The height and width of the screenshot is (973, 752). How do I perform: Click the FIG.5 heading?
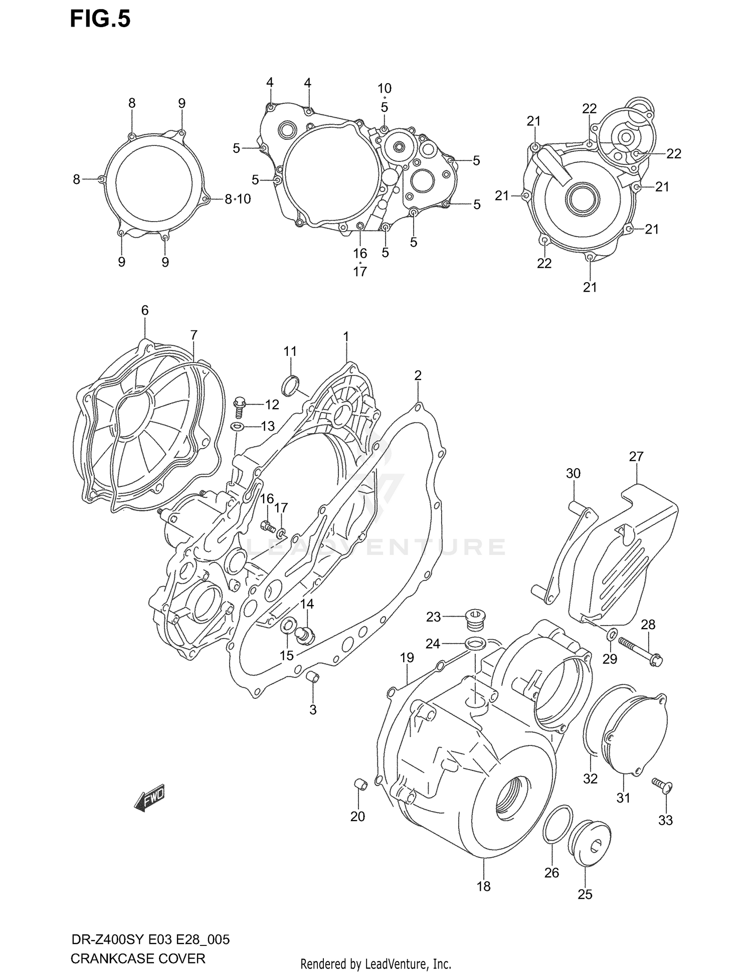click(100, 19)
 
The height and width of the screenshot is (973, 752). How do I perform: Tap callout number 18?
click(483, 886)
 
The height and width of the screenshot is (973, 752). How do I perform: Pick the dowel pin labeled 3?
click(313, 677)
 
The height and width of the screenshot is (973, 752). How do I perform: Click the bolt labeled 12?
click(240, 407)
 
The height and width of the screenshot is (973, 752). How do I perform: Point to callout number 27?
click(636, 457)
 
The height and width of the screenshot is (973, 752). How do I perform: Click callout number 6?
click(145, 310)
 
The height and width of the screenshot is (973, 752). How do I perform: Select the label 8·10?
click(238, 200)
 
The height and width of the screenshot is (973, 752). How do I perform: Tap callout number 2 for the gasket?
click(418, 375)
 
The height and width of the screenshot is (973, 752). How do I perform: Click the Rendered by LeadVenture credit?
click(375, 964)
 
